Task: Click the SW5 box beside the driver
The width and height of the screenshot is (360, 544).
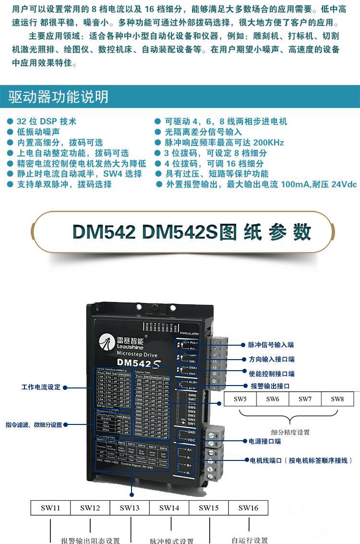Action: (240, 399)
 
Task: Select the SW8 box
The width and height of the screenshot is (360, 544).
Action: (337, 399)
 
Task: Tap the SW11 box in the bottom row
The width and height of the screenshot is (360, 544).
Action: (50, 508)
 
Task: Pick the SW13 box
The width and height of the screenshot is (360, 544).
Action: (130, 508)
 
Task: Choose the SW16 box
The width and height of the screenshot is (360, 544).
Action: (248, 508)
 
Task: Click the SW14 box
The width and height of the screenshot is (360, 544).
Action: (169, 508)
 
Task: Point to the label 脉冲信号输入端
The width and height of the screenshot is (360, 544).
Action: (271, 345)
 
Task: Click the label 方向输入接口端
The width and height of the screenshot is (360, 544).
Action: (271, 359)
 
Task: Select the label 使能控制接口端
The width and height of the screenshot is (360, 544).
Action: (271, 374)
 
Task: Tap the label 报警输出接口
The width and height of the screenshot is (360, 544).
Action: (270, 386)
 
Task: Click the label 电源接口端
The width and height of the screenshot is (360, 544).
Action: (264, 441)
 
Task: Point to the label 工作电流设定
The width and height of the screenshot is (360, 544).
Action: (41, 387)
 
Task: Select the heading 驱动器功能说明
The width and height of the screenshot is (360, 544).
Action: (59, 97)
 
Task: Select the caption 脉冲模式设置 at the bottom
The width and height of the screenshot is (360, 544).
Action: (171, 541)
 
